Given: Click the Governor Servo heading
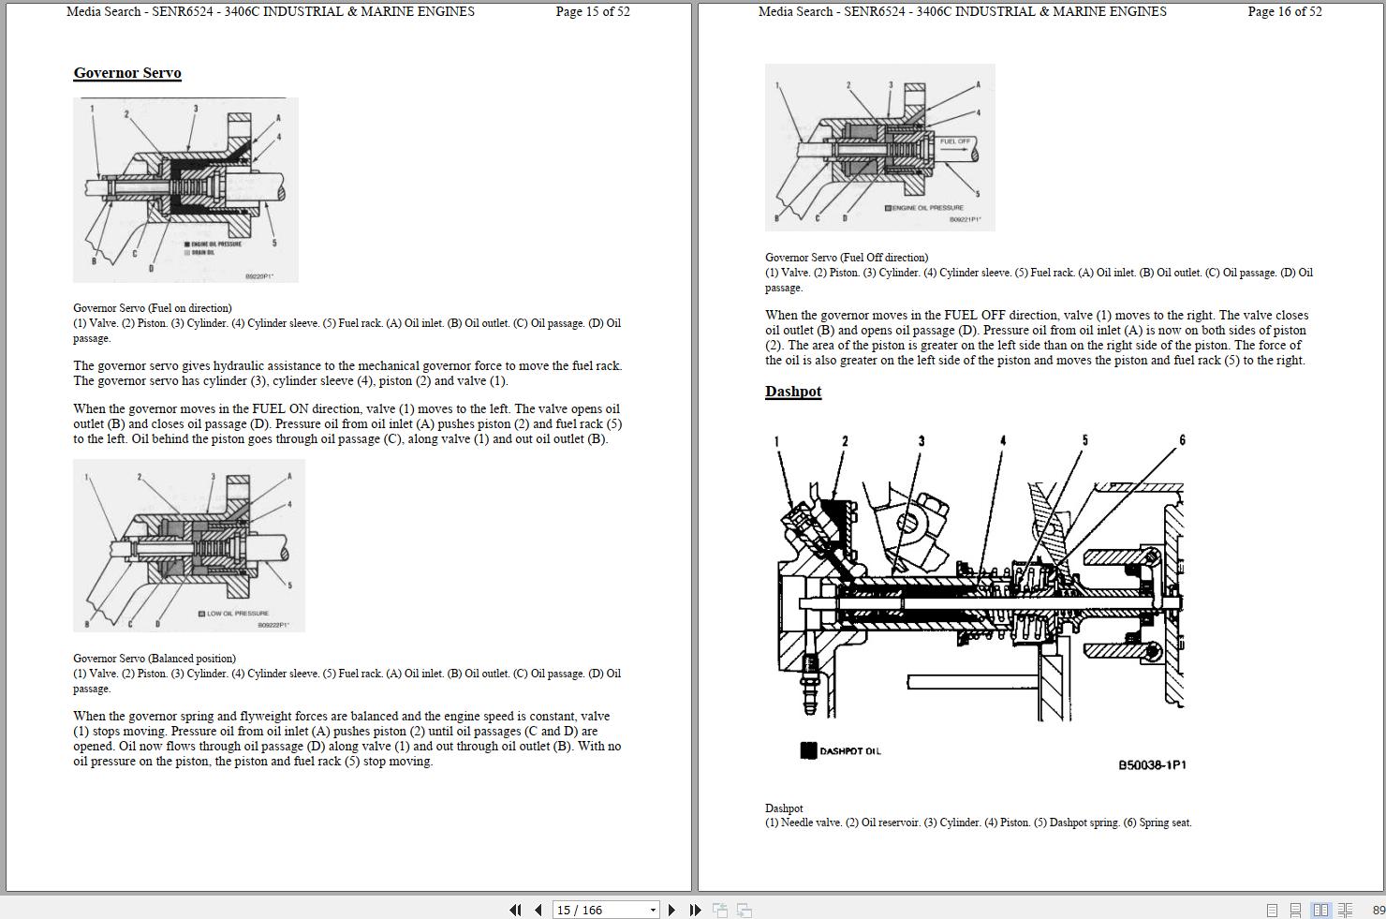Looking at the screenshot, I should pyautogui.click(x=127, y=73).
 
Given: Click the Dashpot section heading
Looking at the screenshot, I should pyautogui.click(x=792, y=392).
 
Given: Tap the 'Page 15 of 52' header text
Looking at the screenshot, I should pyautogui.click(x=592, y=12).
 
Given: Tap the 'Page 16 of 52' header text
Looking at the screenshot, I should pyautogui.click(x=1284, y=12).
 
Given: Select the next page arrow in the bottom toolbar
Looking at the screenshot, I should pyautogui.click(x=671, y=910).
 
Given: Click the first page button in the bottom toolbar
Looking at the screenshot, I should pyautogui.click(x=515, y=910).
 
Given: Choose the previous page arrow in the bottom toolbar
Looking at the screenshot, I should pyautogui.click(x=538, y=910).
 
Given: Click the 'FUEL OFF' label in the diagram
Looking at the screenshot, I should pyautogui.click(x=954, y=141).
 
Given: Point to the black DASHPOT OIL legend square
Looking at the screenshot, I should pyautogui.click(x=808, y=750).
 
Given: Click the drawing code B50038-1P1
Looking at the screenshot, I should pyautogui.click(x=1152, y=765).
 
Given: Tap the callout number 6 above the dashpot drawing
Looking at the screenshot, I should pyautogui.click(x=1182, y=440).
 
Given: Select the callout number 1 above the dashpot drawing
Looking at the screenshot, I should pyautogui.click(x=775, y=441).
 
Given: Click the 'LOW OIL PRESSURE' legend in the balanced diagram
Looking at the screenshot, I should pyautogui.click(x=237, y=614).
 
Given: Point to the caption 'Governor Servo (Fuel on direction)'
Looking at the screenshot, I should pyautogui.click(x=153, y=308).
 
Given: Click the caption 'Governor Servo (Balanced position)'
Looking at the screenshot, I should pyautogui.click(x=155, y=659).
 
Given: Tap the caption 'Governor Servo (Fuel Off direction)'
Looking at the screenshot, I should pyautogui.click(x=847, y=258).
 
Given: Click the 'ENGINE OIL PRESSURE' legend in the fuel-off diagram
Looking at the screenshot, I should pyautogui.click(x=926, y=208).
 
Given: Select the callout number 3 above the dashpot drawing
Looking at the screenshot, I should pyautogui.click(x=921, y=441).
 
